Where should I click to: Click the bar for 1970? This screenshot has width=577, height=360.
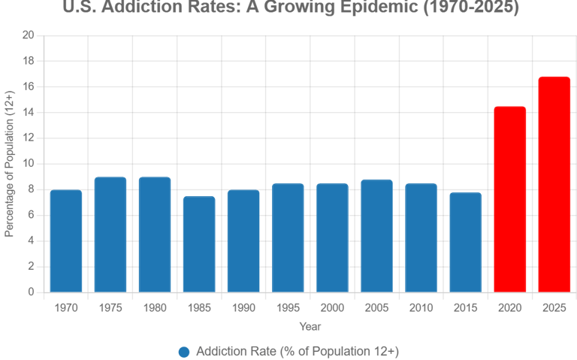click(65, 241)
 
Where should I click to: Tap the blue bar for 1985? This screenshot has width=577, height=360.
click(199, 244)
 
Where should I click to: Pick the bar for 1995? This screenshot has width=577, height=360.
click(288, 237)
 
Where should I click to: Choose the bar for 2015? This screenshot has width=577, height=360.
click(466, 242)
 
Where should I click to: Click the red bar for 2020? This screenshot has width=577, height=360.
click(510, 199)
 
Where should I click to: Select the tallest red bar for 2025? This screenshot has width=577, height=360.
click(554, 184)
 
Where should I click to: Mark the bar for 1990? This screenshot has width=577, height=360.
click(243, 241)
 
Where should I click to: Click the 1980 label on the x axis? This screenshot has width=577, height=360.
click(155, 307)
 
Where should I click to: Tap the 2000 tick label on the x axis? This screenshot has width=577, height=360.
click(333, 307)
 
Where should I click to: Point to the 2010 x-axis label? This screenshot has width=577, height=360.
click(421, 307)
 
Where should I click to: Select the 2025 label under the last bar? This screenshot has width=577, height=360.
click(554, 307)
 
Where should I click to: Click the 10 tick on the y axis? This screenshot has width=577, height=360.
click(29, 164)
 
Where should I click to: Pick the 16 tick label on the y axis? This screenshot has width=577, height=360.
click(29, 86)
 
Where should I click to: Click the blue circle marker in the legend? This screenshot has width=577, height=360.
click(184, 352)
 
